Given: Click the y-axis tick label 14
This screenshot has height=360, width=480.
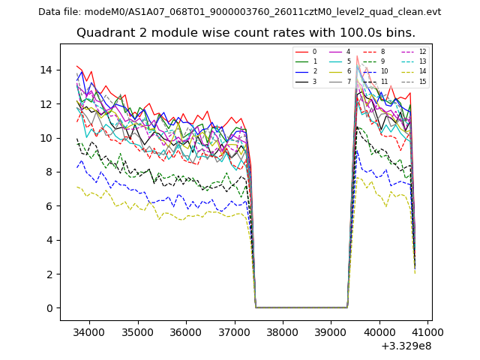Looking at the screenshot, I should click(x=46, y=70).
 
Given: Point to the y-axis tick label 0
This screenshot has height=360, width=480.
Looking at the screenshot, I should click(x=49, y=308).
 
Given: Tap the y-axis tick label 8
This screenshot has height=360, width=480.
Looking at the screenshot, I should click(x=49, y=172).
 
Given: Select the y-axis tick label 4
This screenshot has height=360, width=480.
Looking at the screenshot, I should click(x=49, y=240).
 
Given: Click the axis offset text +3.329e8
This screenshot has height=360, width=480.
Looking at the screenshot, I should click(x=407, y=346).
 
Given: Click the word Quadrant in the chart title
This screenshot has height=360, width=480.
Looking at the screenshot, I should click(x=105, y=33).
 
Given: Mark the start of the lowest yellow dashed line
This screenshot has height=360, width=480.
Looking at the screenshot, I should click(x=76, y=187).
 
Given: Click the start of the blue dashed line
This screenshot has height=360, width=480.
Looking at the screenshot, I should click(x=76, y=167).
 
